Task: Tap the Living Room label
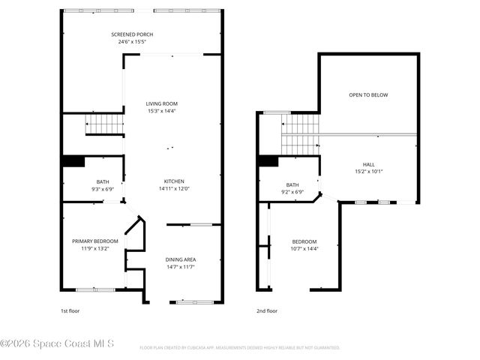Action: [x=161, y=103]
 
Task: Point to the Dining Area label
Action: [x=181, y=259]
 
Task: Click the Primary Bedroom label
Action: [x=95, y=241]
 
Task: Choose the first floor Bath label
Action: [x=102, y=181]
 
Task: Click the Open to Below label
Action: [x=368, y=95]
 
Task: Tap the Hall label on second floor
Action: [x=368, y=164]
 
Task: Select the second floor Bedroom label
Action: [x=304, y=241]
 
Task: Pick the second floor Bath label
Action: [x=292, y=184]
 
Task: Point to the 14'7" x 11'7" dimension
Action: [x=181, y=267]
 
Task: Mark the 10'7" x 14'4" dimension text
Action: [x=304, y=248]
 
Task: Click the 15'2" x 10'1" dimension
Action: [x=368, y=172]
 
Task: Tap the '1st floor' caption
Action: [x=70, y=310]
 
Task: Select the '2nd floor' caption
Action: [x=266, y=310]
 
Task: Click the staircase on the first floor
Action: [x=104, y=124]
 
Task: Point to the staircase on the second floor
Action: [x=300, y=133]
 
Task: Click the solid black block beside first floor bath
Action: [x=73, y=161]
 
